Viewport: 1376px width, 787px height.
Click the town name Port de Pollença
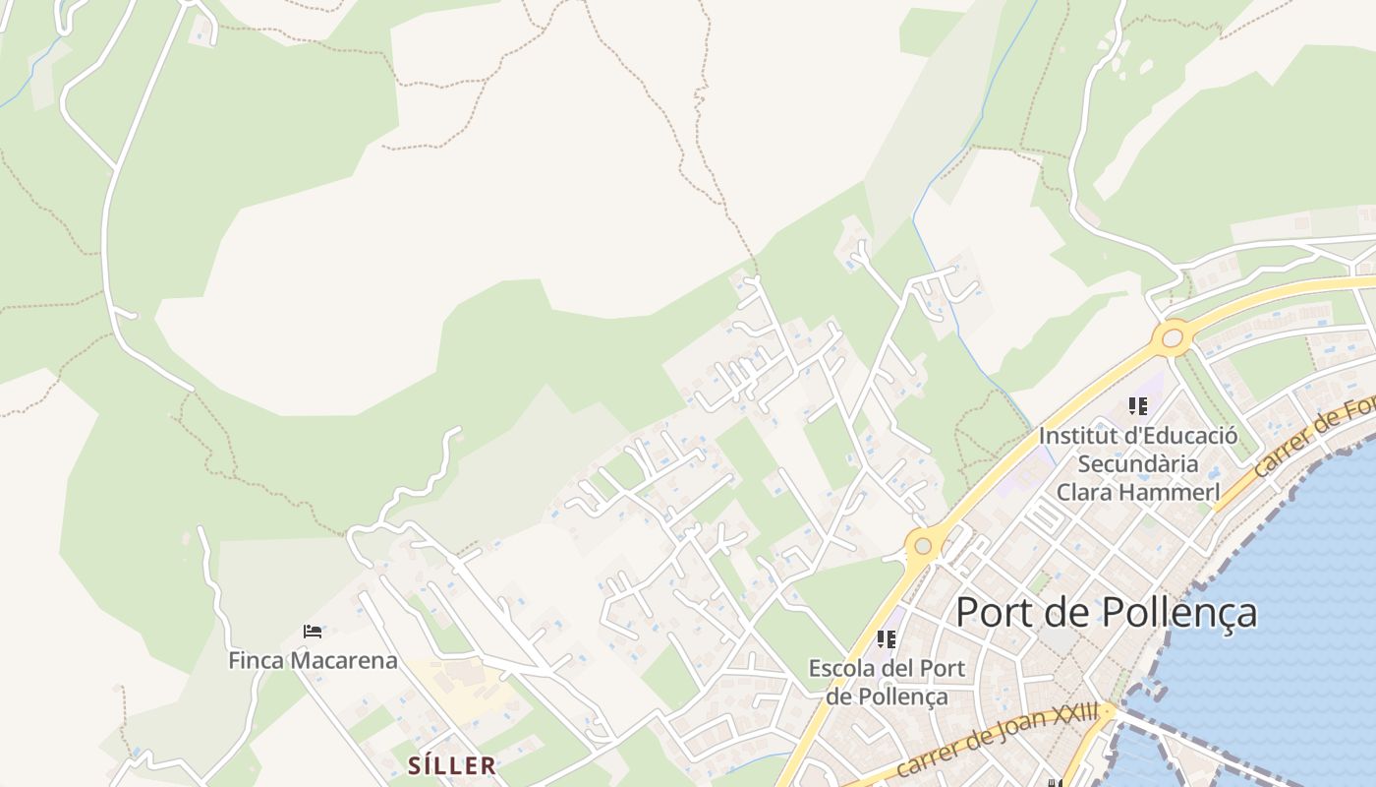pos(1106,612)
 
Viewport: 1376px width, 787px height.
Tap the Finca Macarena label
pos(313,660)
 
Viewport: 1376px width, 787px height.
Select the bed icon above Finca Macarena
pos(313,632)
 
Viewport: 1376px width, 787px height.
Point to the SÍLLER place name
pos(452,764)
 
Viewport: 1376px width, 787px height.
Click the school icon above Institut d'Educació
pos(1138,405)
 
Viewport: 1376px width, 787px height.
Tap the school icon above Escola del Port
pos(887,639)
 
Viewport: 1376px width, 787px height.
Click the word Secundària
pos(1138,463)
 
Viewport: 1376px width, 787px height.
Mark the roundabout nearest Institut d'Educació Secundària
pos(1172,338)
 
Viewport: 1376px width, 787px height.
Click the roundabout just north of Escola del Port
pos(922,545)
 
